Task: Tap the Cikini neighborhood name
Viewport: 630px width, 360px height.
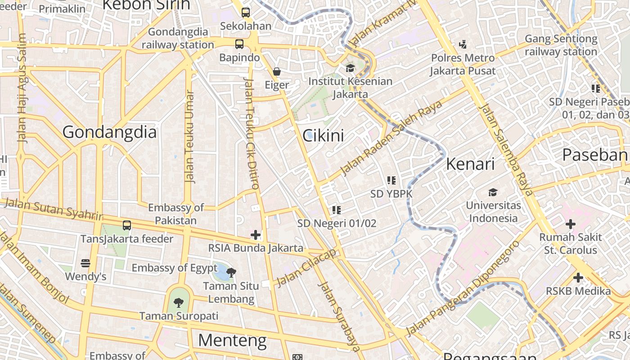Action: (323, 135)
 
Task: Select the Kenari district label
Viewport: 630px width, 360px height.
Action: (470, 164)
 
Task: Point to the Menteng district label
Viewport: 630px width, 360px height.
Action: (232, 340)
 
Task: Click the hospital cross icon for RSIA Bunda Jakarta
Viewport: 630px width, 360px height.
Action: (256, 234)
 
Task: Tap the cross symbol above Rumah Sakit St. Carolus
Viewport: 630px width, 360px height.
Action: (570, 224)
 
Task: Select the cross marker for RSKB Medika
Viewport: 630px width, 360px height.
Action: (578, 278)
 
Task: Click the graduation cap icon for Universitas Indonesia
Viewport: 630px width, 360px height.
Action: (493, 192)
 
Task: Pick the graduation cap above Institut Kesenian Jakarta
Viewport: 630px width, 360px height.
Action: (350, 68)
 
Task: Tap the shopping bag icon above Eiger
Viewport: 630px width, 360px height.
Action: (277, 72)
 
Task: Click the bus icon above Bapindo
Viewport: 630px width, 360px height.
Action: (239, 44)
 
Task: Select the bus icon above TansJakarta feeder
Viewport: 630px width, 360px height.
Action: (127, 225)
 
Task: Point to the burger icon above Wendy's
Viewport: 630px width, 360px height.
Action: (85, 263)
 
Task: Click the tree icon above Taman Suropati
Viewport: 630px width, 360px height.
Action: (179, 302)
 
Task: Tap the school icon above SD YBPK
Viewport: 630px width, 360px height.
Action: (391, 180)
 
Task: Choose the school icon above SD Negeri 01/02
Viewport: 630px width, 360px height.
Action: (337, 210)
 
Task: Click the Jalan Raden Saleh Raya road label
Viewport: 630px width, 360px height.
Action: (391, 138)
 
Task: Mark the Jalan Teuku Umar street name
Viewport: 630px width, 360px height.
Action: (190, 137)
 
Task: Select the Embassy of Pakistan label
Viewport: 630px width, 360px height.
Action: (175, 214)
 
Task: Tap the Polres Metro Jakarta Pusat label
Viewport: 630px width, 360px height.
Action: (463, 64)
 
